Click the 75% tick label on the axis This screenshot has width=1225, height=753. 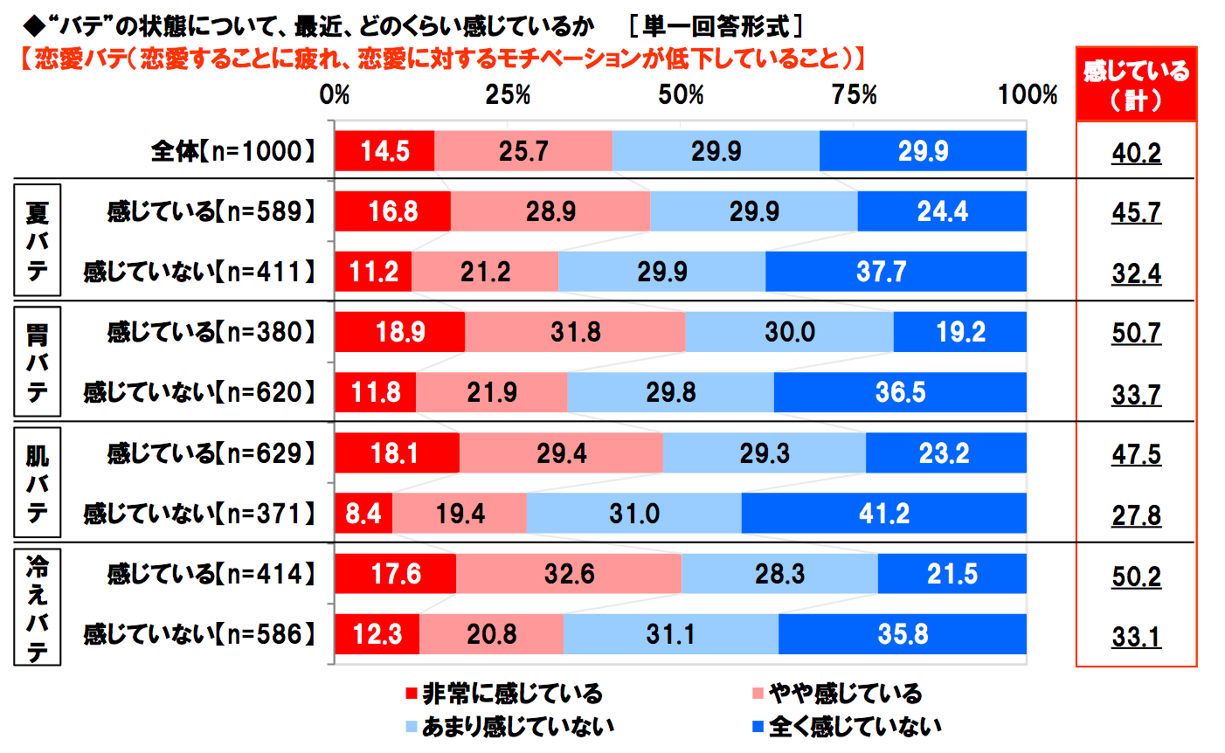[x=854, y=95]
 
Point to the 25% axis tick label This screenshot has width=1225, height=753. [x=508, y=95]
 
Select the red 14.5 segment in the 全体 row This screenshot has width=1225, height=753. [x=384, y=151]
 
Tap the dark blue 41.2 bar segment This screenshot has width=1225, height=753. [x=883, y=513]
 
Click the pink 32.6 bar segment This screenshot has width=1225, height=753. [x=569, y=574]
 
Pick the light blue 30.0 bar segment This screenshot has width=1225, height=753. [x=789, y=332]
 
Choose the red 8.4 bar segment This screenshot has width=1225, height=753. [x=363, y=513]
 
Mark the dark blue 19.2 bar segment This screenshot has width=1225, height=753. [x=960, y=332]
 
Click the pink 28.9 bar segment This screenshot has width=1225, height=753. [x=550, y=211]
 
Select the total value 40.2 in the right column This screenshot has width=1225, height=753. [x=1136, y=153]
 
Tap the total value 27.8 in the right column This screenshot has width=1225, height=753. [x=1136, y=516]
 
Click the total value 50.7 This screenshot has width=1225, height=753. [x=1136, y=334]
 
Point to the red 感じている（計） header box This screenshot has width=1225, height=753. [x=1136, y=85]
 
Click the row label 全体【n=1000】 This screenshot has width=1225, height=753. [x=232, y=151]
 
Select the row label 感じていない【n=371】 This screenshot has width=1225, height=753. [x=198, y=513]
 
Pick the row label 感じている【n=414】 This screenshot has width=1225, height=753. [x=210, y=574]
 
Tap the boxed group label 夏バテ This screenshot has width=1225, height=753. [x=38, y=240]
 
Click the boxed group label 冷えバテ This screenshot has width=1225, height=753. [x=38, y=605]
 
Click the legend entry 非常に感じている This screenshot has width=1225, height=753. [x=504, y=694]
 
